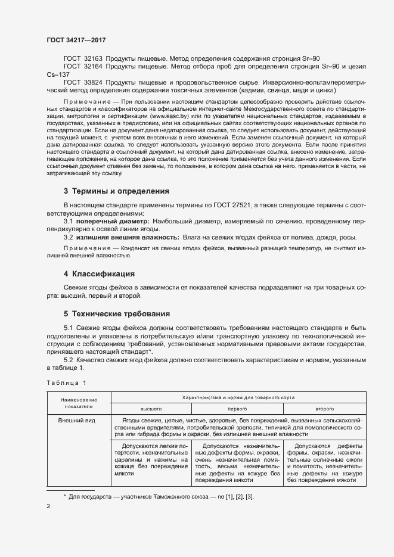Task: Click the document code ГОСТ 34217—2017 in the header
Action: pos(76,41)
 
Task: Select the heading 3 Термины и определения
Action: pos(116,191)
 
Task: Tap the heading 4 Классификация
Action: pos(99,274)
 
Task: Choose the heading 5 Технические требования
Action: pos(117,313)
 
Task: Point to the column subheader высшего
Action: pos(151,409)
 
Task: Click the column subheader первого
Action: pos(237,409)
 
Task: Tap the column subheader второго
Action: pos(324,409)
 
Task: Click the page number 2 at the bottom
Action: pos(48,506)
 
